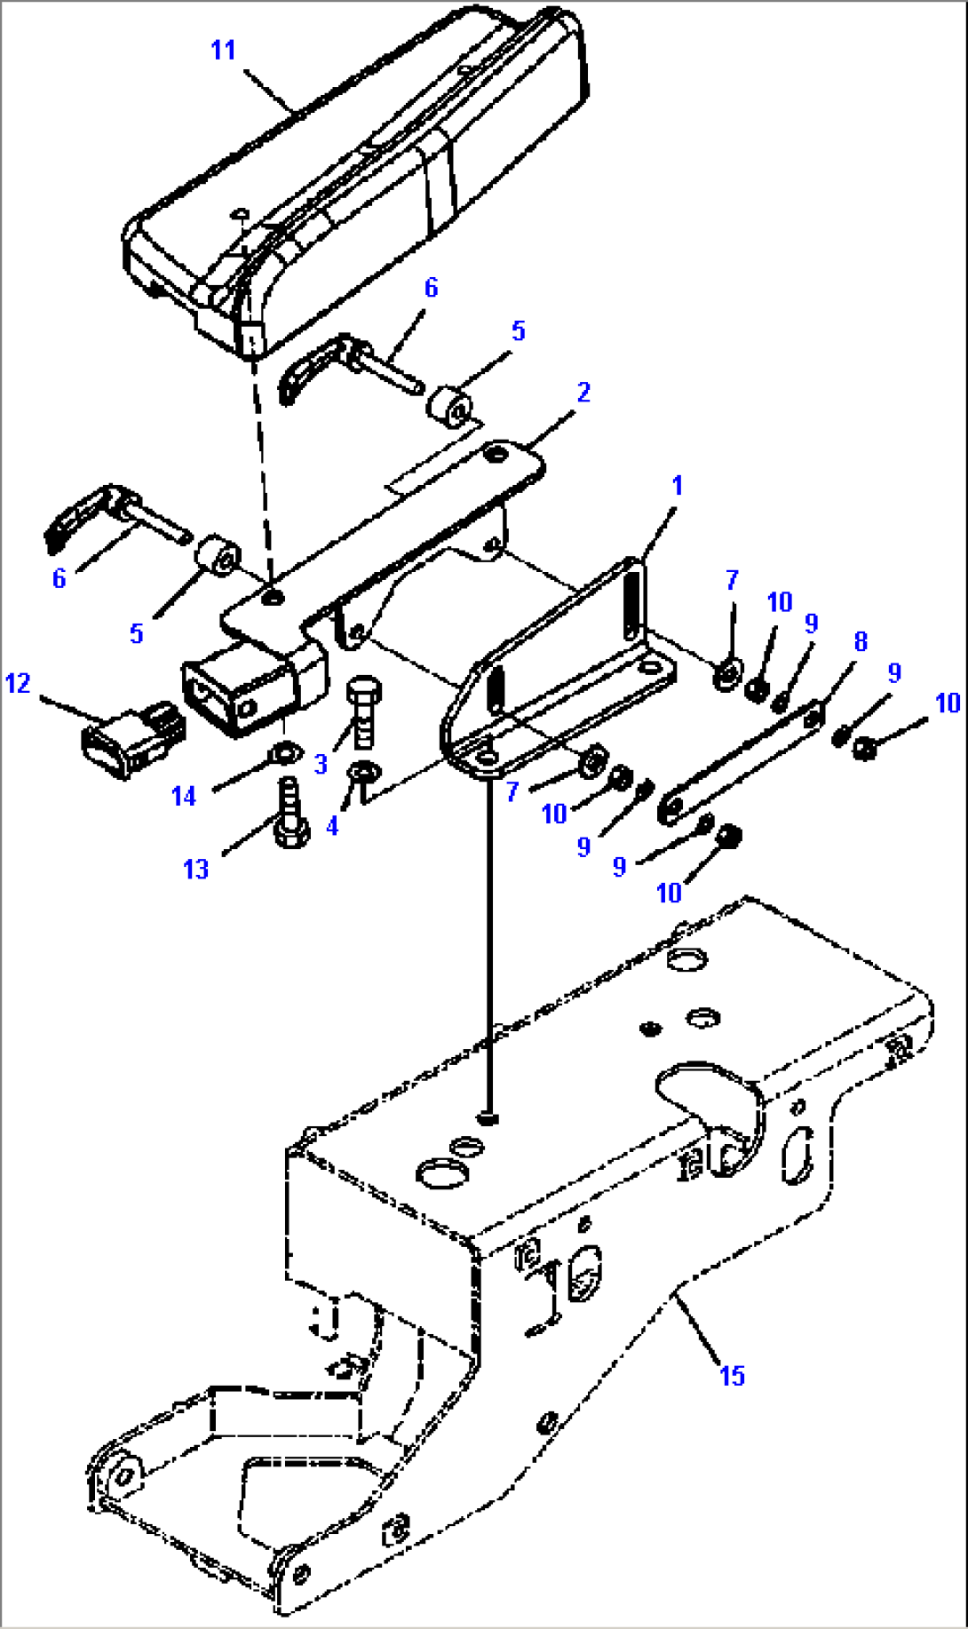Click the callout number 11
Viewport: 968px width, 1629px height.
click(223, 50)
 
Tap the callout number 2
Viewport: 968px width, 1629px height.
click(583, 393)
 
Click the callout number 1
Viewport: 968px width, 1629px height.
click(678, 486)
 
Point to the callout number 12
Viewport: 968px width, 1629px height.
click(18, 683)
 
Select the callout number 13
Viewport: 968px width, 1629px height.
click(195, 869)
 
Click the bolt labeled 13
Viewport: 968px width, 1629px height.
click(290, 816)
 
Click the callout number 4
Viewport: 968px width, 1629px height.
click(332, 826)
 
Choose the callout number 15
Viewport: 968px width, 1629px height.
click(732, 1376)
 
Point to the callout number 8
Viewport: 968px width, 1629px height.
click(860, 641)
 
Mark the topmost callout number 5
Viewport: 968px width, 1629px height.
click(518, 331)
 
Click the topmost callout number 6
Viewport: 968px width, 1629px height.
click(431, 287)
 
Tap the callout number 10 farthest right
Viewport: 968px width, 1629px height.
click(948, 703)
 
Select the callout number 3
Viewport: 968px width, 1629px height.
click(321, 764)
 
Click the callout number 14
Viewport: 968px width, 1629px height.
click(184, 796)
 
